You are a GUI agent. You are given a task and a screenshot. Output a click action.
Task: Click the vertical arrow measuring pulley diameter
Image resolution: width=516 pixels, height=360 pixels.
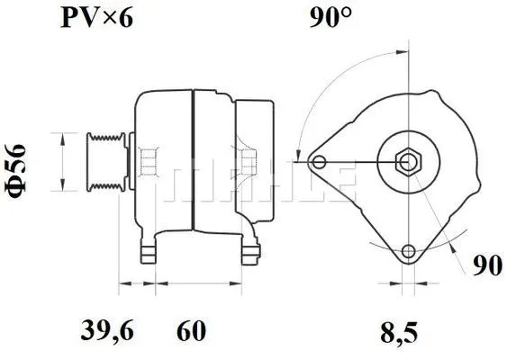61,163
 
